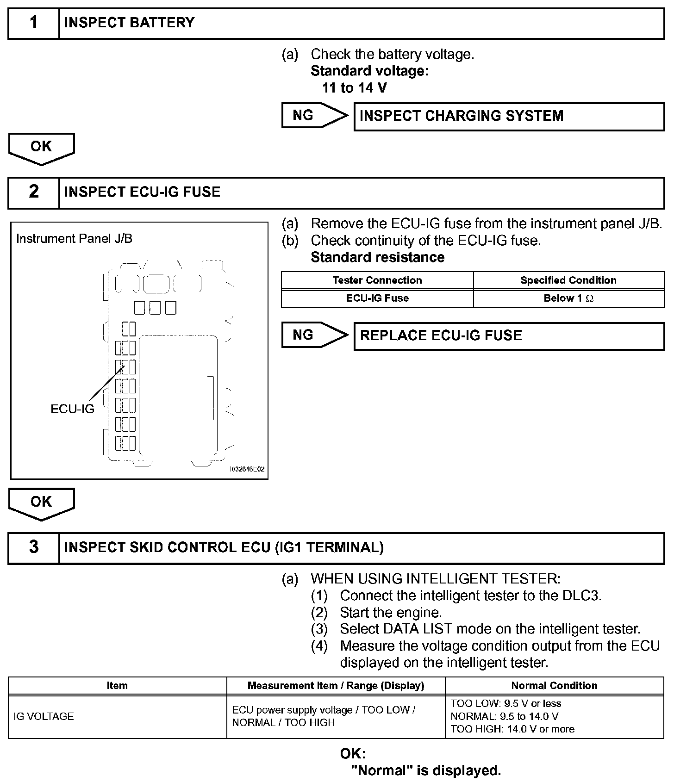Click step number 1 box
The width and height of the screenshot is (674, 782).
click(x=34, y=23)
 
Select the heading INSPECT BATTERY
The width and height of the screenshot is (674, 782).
click(x=129, y=23)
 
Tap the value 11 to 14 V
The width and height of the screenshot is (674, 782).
click(x=354, y=88)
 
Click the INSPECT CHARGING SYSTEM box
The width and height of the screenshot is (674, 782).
click(x=508, y=116)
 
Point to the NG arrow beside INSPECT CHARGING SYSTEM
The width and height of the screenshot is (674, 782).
click(x=313, y=115)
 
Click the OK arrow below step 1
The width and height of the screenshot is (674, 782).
click(x=41, y=148)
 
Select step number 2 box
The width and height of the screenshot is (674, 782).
click(x=34, y=192)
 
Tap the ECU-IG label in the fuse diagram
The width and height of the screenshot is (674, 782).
click(x=72, y=409)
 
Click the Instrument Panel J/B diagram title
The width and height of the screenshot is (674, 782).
click(x=74, y=239)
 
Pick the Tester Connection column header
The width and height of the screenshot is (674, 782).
click(x=377, y=280)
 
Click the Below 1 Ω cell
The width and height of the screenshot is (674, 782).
click(x=568, y=298)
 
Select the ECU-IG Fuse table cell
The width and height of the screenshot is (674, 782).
click(x=377, y=298)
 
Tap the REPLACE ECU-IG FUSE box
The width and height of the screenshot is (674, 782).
click(x=508, y=336)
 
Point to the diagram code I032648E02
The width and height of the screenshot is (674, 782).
click(x=247, y=469)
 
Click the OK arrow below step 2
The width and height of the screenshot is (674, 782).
click(x=41, y=503)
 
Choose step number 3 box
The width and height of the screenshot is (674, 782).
click(x=34, y=547)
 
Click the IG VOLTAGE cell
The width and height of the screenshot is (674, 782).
click(x=44, y=716)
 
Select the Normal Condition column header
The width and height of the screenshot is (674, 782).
click(x=554, y=686)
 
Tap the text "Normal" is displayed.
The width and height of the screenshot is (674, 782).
click(x=426, y=770)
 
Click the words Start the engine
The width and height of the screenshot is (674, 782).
click(x=391, y=613)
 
